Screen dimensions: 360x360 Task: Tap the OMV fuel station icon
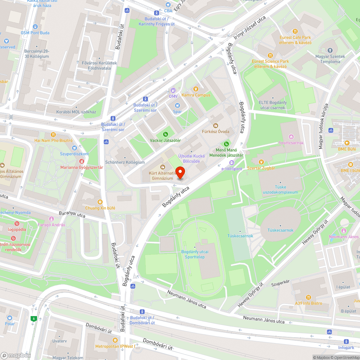coord(173,90)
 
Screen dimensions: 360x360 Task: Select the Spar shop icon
coord(177,105)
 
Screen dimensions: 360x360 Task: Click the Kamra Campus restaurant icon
coord(196,89)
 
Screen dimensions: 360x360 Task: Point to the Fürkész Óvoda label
coord(215,131)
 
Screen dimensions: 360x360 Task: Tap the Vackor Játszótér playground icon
coord(166,134)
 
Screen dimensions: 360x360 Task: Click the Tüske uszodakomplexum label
coord(282,192)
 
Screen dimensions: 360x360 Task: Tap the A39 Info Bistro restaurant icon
coord(309,297)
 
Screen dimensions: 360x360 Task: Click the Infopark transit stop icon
coord(346,342)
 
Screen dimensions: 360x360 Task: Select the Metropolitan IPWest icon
coord(115,340)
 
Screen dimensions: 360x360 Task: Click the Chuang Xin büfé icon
coord(100,202)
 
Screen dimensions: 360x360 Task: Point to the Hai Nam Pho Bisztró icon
coord(53,134)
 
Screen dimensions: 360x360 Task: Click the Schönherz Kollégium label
coord(125,162)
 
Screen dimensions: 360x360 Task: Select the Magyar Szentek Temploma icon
coord(330,50)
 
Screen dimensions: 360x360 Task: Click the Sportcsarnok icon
coord(291,136)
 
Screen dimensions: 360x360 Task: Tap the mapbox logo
coord(16,355)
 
